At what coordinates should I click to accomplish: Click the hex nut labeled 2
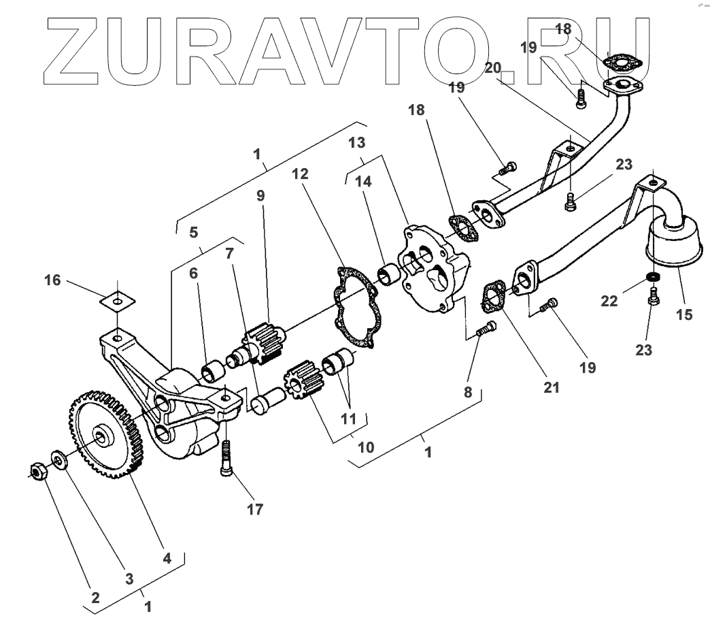coord(39,470)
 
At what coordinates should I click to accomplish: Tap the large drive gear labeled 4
coord(102,433)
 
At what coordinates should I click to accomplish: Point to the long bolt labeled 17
coord(226,459)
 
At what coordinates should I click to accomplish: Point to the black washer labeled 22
coord(653,277)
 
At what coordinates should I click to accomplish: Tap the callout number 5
coord(194,232)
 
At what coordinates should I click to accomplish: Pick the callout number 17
coord(235,508)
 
